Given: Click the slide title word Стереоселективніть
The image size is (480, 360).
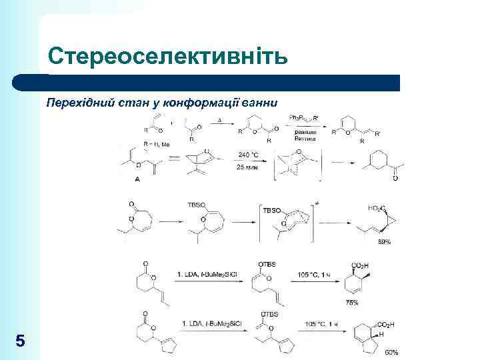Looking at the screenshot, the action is [167, 57].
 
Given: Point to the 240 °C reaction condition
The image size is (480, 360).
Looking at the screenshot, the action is [248, 155].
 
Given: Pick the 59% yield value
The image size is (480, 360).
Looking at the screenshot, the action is [385, 242].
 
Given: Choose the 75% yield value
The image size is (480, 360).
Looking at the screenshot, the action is [352, 303].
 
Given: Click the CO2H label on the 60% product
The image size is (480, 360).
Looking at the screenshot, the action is [384, 325].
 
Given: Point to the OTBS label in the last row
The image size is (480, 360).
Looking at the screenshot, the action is [269, 313].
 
